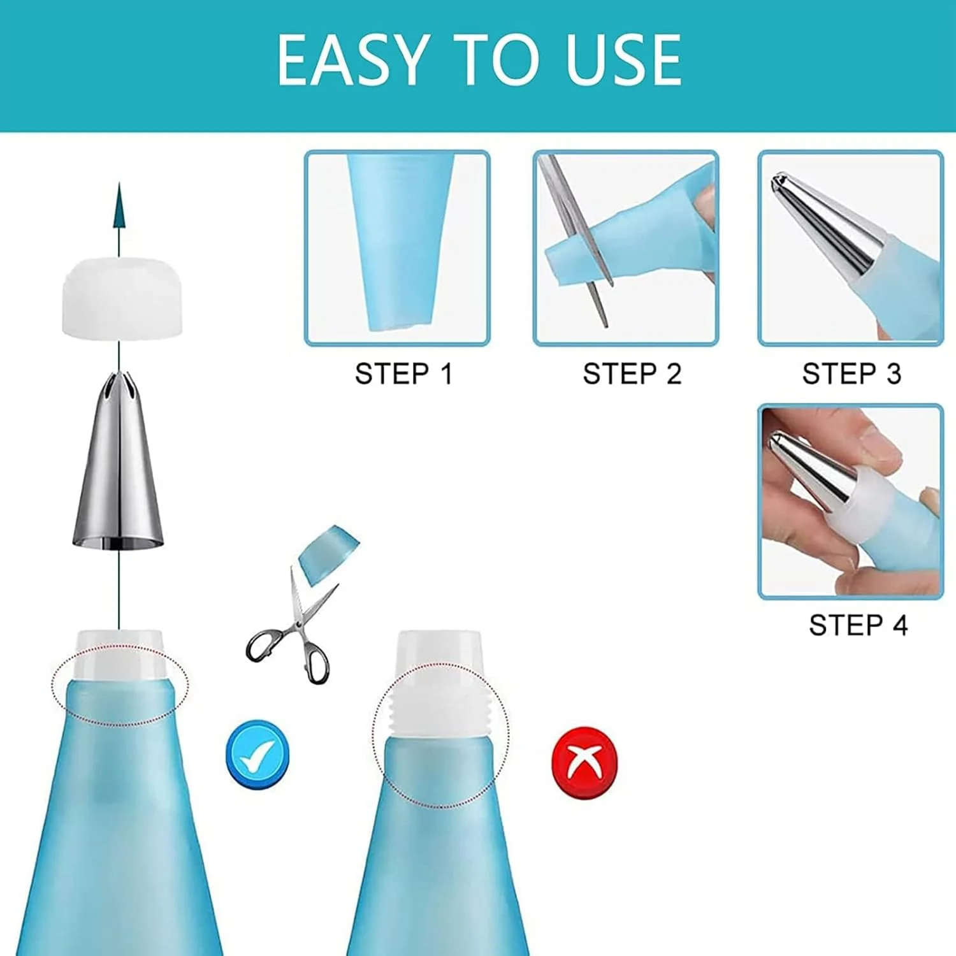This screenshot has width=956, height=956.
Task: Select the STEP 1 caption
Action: pyautogui.click(x=403, y=373)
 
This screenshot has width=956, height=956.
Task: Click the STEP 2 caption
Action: pyautogui.click(x=632, y=373)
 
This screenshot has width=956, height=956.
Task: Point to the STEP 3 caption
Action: pyautogui.click(x=851, y=373)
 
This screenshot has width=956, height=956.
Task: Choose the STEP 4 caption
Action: pyautogui.click(x=858, y=625)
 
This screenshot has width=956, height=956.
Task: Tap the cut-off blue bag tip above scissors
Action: pyautogui.click(x=328, y=554)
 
